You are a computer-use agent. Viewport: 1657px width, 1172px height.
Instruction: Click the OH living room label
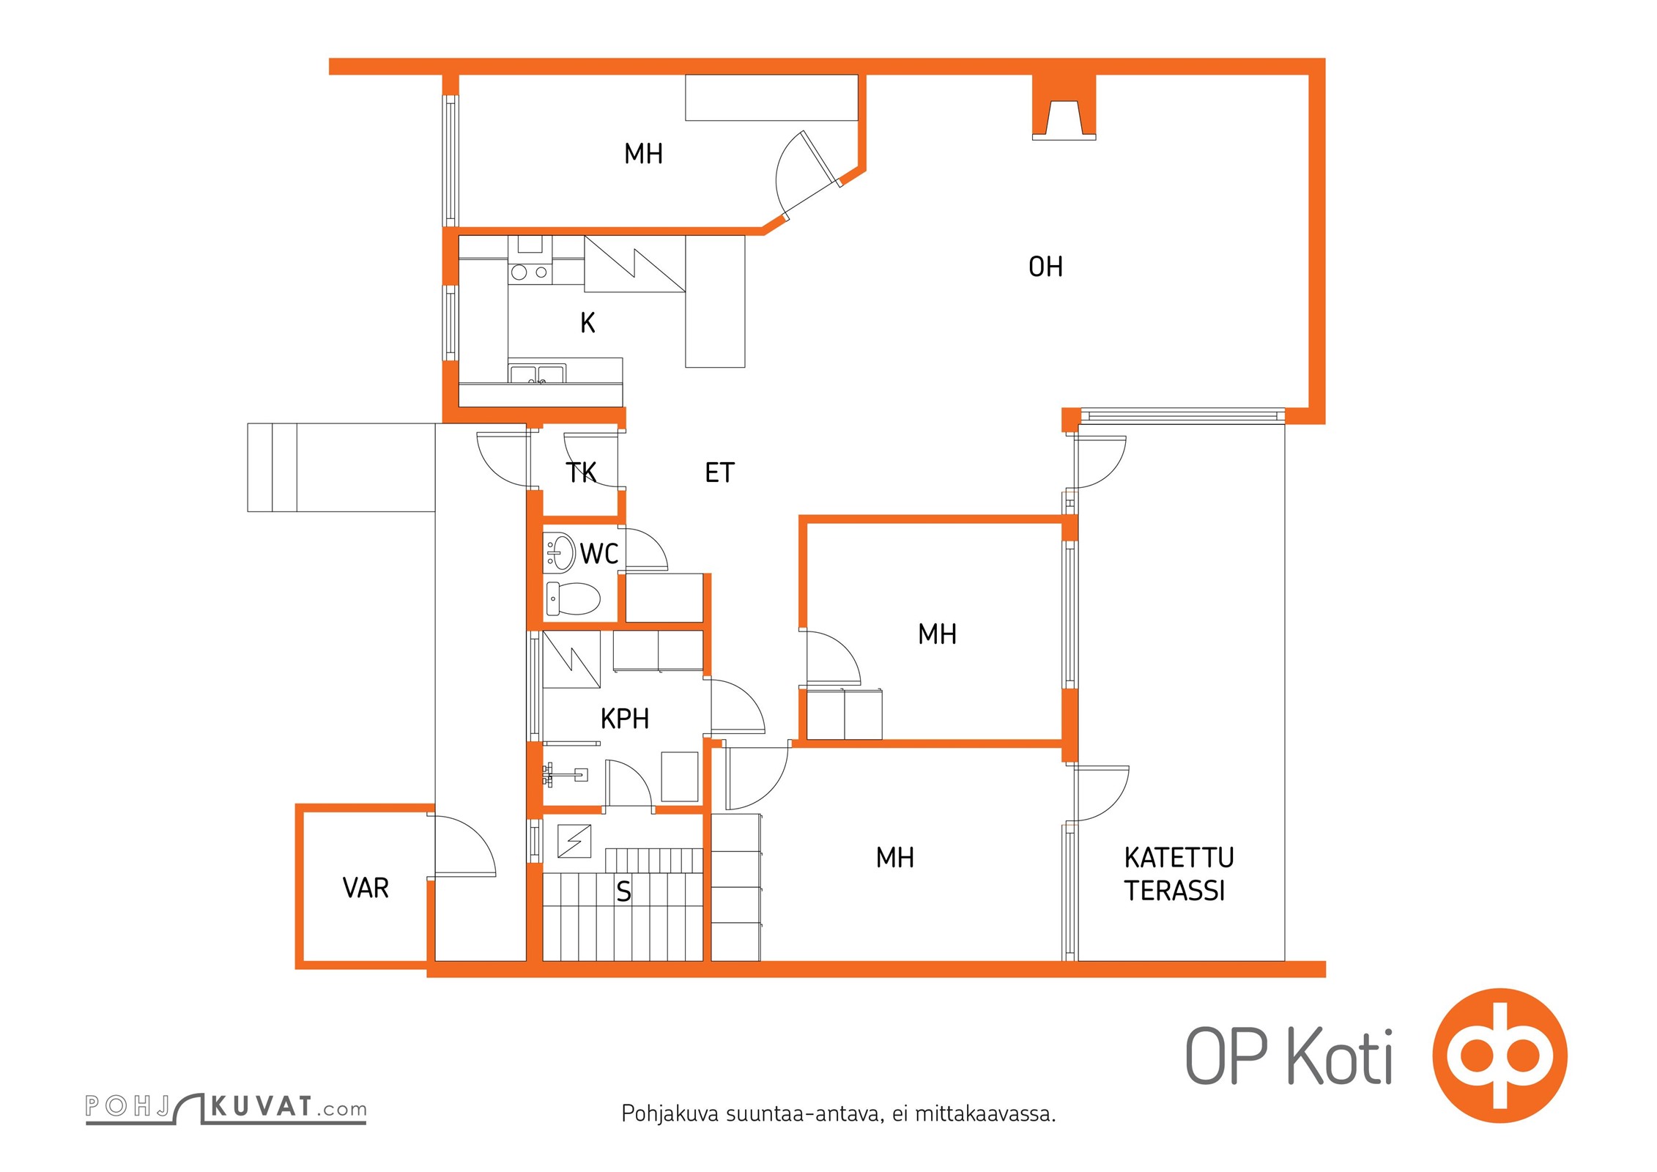point(1045,267)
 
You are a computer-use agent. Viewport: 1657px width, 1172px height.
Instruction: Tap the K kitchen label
point(587,323)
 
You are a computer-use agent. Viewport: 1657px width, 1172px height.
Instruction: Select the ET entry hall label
point(719,472)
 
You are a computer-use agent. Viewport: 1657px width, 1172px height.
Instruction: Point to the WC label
point(599,554)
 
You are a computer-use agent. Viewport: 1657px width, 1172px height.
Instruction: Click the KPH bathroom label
point(625,719)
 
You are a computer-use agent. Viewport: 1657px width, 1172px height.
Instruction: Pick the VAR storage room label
point(366,888)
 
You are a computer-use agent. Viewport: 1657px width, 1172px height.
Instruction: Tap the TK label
point(582,472)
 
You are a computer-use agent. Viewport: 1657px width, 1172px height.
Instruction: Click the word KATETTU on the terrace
point(1179,857)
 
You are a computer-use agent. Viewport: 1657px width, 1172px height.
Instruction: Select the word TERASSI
point(1175,891)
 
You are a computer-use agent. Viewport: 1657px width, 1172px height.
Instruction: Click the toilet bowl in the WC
point(573,598)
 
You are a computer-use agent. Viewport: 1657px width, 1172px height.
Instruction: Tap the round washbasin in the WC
point(560,552)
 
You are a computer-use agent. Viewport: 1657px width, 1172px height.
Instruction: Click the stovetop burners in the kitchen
point(530,272)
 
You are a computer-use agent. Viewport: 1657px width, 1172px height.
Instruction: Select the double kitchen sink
point(537,374)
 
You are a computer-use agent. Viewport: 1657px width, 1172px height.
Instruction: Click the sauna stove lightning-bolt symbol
point(574,841)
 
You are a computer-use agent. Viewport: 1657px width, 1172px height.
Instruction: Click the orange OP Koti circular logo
point(1500,1056)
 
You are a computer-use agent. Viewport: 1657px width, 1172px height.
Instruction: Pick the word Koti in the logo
point(1340,1056)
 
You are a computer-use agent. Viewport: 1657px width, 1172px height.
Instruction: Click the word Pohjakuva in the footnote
point(670,1114)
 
